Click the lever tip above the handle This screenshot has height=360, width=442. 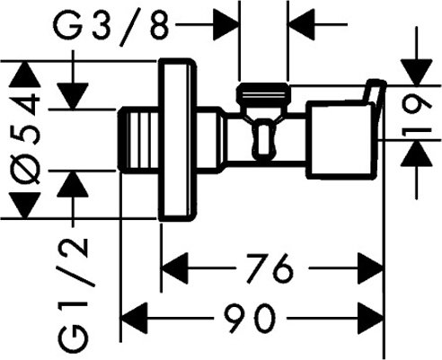tap(374, 90)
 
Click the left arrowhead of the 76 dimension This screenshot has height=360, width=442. tap(172, 267)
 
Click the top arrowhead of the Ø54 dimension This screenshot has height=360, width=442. tap(26, 72)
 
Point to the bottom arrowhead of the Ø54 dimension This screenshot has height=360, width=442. tap(26, 209)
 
